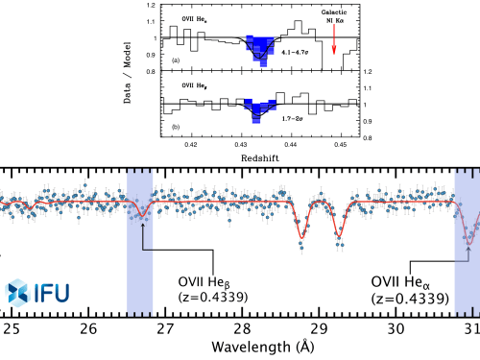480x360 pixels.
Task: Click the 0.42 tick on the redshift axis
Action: click(x=191, y=144)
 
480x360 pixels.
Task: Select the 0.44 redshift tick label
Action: click(x=297, y=144)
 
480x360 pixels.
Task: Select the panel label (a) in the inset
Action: click(x=176, y=60)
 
